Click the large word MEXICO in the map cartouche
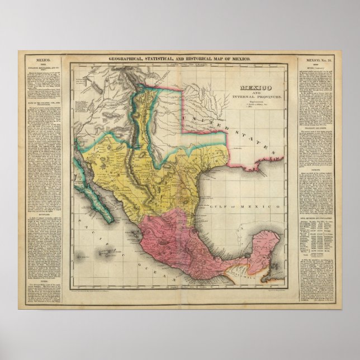[x=261, y=88]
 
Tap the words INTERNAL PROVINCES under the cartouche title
[x=261, y=97]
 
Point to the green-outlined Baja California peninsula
[x=90, y=190]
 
